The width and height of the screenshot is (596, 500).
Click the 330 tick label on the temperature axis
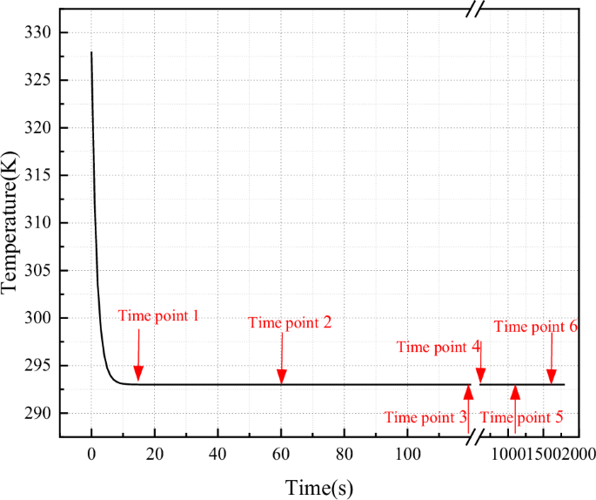pos(40,33)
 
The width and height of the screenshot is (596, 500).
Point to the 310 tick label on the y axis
pos(40,223)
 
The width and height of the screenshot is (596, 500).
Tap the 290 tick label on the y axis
pos(40,414)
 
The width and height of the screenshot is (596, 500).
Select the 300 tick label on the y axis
pos(40,319)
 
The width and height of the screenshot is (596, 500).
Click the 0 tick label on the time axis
pos(91,453)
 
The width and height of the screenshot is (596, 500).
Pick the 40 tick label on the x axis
pos(218,453)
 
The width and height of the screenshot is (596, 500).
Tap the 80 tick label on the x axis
pos(344,453)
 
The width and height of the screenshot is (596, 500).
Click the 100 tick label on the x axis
pos(407,453)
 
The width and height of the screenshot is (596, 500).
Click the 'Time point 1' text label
pos(158,316)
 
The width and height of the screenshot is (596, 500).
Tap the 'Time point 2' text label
pos(290,322)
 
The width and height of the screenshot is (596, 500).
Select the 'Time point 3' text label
pos(425,416)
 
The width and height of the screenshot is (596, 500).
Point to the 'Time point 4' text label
pos(439,347)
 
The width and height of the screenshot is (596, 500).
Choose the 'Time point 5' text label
pos(522,416)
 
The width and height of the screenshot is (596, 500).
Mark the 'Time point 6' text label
pos(536,327)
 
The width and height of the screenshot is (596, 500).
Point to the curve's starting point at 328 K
pos(91,52)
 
